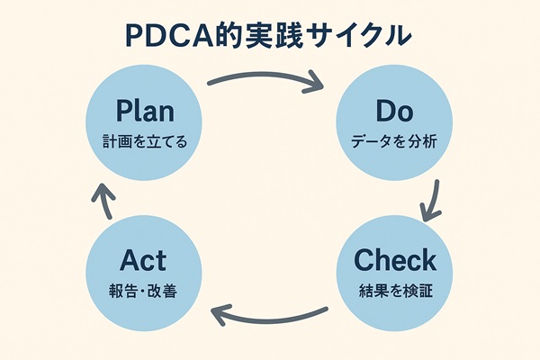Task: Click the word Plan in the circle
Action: (145, 112)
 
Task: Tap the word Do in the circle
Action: (392, 112)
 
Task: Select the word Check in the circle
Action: (394, 260)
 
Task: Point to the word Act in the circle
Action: (145, 260)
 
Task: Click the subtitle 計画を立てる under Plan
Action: (145, 141)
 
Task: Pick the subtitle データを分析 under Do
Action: (393, 141)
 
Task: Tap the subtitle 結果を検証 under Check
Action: (394, 290)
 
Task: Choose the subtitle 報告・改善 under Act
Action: (145, 290)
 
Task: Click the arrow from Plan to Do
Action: (265, 77)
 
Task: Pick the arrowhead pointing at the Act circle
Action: (218, 312)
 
